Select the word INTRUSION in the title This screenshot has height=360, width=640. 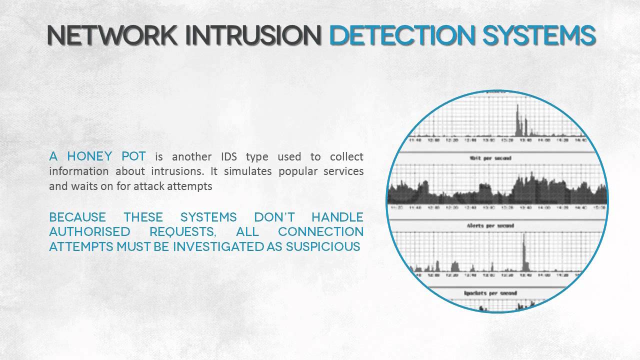point(256,35)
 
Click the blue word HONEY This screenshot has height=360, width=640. point(89,156)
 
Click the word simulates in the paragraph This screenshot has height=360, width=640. point(244,171)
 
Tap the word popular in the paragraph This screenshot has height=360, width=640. point(293,171)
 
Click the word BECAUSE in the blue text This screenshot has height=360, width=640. point(77,217)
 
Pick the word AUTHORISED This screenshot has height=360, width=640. point(89,232)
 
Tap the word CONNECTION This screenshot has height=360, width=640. point(320,232)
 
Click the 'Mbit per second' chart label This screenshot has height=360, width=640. point(497,158)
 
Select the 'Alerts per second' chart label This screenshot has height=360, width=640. point(497,225)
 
